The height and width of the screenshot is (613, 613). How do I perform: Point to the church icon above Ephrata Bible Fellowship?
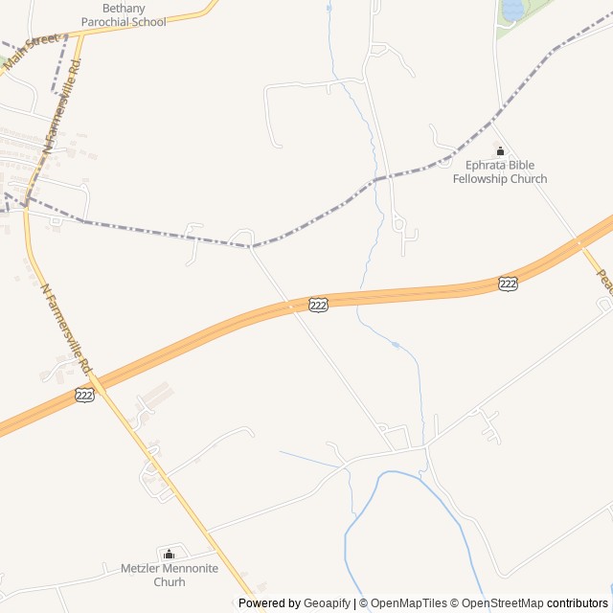[x=499, y=151]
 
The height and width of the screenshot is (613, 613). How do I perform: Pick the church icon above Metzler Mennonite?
[x=170, y=554]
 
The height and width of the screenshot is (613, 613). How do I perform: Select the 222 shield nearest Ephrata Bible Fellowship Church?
[x=508, y=284]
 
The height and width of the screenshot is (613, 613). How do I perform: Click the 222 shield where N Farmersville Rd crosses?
[x=84, y=395]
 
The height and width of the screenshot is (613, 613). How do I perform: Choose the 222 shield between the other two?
[x=318, y=305]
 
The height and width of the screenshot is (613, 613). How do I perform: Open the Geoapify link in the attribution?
[x=327, y=603]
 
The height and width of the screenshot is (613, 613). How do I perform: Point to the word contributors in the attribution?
[x=578, y=603]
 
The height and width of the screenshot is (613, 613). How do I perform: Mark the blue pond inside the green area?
[x=512, y=10]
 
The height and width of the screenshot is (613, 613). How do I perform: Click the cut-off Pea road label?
[x=604, y=280]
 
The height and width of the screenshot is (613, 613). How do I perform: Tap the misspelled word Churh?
[x=170, y=581]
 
